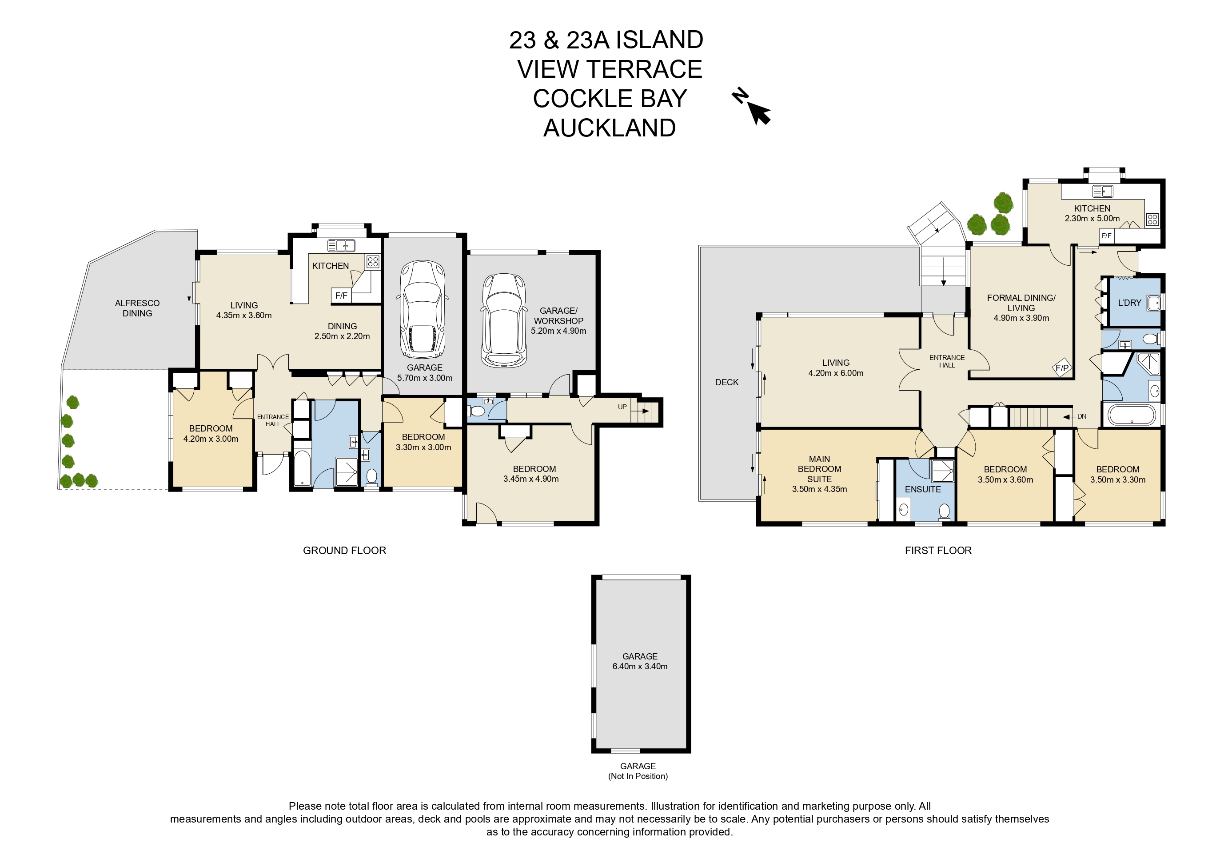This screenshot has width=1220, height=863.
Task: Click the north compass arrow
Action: point(759,113)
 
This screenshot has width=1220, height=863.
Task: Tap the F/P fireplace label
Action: point(1062,368)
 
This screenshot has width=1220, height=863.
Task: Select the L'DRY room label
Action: point(1129,303)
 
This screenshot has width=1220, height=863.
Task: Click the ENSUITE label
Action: point(923,489)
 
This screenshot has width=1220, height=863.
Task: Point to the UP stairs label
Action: point(622,407)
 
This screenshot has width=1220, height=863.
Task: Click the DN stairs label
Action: point(1082,417)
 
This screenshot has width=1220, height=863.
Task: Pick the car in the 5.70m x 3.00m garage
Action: point(423,309)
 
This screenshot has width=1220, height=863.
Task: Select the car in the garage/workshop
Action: point(504,320)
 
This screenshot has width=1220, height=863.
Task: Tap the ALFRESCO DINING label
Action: point(137,308)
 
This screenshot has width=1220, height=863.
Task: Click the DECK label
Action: point(727,382)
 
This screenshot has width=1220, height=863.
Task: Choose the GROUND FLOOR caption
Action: point(344,551)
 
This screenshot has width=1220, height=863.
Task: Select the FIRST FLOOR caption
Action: point(938,551)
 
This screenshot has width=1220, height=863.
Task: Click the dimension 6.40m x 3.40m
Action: point(640,667)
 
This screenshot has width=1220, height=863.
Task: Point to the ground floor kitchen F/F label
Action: point(341,296)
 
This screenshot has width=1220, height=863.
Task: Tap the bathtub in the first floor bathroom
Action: point(1132,415)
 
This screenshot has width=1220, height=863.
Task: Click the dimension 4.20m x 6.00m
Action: point(836,373)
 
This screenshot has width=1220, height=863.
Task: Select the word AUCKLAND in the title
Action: point(610,128)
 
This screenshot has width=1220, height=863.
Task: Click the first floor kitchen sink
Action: point(1103,191)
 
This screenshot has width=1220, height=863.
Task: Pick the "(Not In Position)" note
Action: point(638,776)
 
